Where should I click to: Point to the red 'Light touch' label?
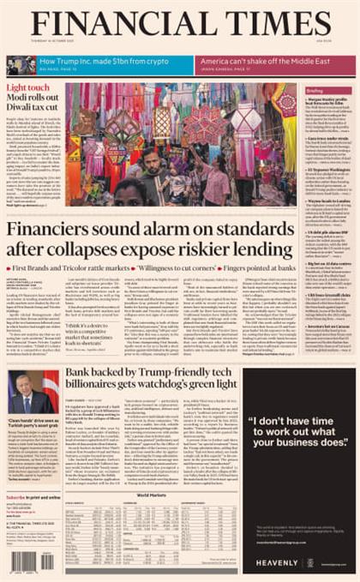28,87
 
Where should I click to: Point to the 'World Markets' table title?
151,495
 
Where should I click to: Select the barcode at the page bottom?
32,561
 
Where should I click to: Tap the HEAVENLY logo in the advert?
275,562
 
